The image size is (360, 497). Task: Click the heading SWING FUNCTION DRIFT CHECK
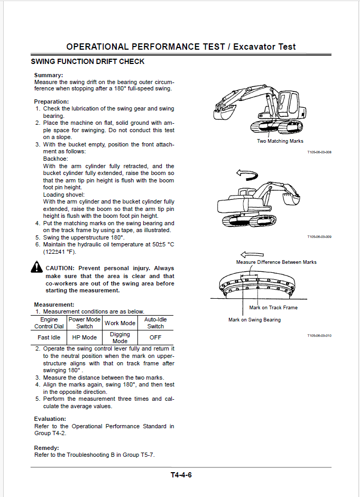(x=88, y=62)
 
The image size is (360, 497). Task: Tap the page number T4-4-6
(x=181, y=475)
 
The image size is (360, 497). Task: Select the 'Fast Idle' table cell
(x=49, y=337)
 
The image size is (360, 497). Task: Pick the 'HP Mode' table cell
(x=84, y=337)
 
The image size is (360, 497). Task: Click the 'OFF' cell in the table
(x=155, y=337)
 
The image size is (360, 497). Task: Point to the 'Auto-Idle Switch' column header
(x=155, y=323)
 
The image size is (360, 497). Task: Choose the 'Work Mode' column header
(x=120, y=323)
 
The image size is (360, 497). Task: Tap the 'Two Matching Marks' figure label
(x=280, y=141)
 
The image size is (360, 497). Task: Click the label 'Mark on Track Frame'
(x=273, y=308)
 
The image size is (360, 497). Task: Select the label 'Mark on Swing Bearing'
(x=254, y=320)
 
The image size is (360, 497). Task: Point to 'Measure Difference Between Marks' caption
(x=276, y=262)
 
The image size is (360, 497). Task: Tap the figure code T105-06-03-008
(x=319, y=152)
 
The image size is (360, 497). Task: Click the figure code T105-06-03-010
(x=319, y=336)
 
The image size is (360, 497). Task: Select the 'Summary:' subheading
(x=48, y=76)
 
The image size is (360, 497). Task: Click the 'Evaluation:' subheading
(x=50, y=419)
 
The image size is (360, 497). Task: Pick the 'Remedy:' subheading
(x=47, y=448)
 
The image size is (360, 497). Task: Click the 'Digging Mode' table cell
(x=120, y=337)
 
